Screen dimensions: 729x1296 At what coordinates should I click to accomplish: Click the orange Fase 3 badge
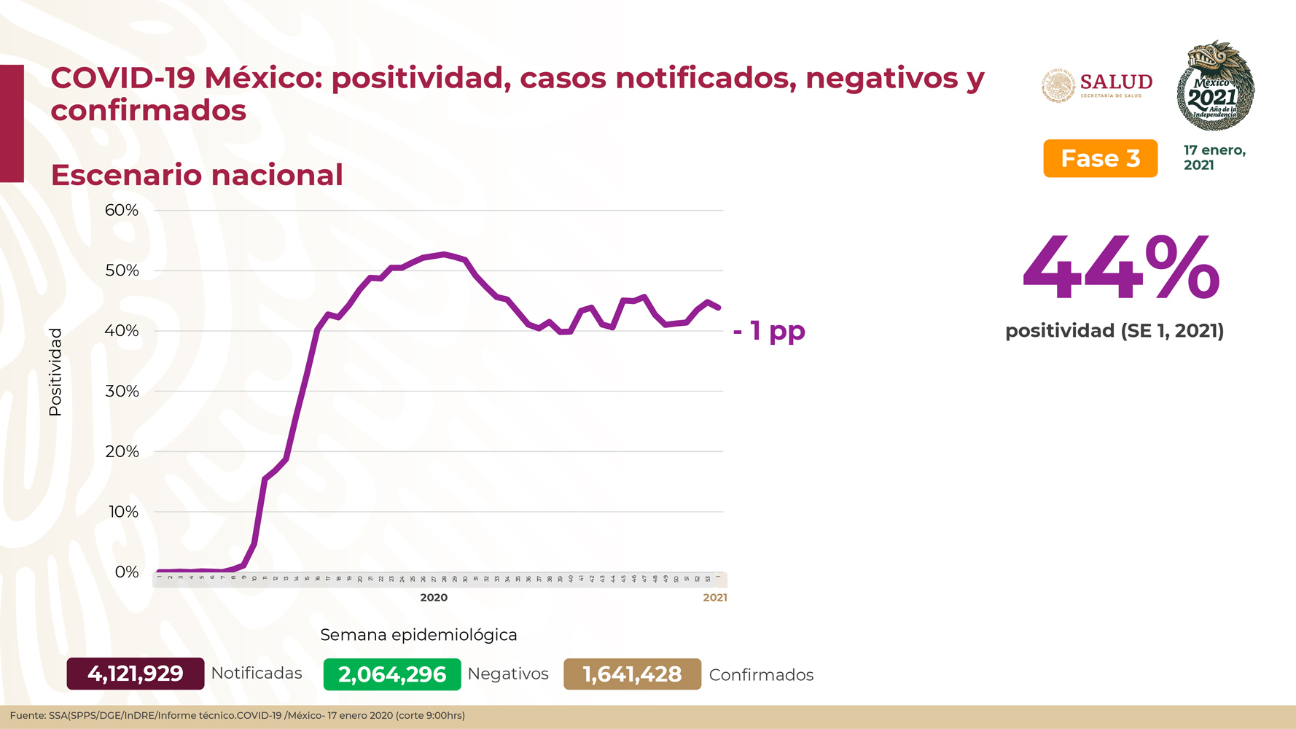(1100, 158)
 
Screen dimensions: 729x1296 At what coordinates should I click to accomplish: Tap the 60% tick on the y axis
(122, 211)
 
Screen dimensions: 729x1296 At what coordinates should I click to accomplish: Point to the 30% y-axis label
(122, 391)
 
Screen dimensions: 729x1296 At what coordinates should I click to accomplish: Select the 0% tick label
(127, 572)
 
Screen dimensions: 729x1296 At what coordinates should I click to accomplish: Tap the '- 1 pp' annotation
(769, 330)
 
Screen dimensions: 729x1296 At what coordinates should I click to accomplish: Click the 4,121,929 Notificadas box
(136, 674)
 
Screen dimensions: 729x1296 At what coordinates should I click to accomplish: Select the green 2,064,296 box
(392, 674)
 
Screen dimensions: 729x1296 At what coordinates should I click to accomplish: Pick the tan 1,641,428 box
(632, 674)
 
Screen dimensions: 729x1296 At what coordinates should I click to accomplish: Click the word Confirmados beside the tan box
(761, 675)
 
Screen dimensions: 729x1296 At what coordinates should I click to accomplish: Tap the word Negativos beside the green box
(508, 674)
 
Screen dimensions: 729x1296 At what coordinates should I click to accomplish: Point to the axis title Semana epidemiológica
(418, 635)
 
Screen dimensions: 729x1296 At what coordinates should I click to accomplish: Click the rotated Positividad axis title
(55, 373)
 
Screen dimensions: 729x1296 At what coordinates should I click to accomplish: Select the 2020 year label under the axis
(434, 598)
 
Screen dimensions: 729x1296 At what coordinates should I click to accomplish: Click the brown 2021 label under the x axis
(715, 598)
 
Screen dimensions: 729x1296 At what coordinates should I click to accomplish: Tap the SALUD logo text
(1115, 82)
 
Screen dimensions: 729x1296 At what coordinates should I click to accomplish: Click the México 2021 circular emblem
(1215, 86)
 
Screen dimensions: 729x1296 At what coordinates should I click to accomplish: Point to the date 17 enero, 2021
(1214, 157)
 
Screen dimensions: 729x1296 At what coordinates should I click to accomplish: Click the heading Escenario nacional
(197, 175)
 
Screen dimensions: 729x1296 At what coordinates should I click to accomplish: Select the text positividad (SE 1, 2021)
(1115, 331)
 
